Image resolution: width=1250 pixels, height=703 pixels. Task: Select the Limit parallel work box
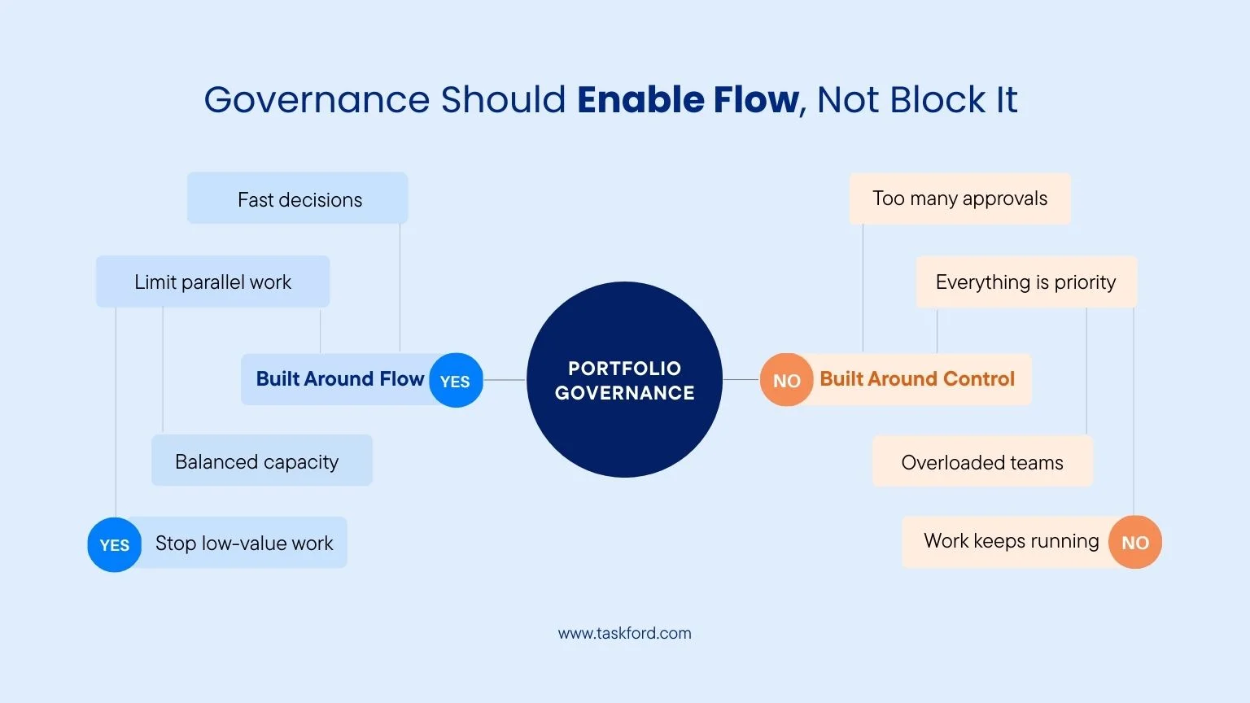tap(212, 282)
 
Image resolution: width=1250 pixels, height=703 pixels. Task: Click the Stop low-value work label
tap(244, 544)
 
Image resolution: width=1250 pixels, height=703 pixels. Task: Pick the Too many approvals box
tap(959, 199)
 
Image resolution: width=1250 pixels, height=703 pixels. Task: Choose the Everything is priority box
tap(1025, 282)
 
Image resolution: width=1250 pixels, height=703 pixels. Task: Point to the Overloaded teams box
tap(981, 462)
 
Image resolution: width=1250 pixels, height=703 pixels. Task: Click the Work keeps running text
tap(1011, 542)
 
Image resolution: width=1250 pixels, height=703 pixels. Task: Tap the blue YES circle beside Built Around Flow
tap(455, 381)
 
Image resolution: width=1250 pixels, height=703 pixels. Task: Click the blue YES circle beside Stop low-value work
tap(115, 545)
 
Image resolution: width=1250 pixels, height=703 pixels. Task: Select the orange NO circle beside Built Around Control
tap(786, 381)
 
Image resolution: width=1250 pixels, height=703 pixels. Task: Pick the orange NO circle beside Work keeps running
tap(1134, 543)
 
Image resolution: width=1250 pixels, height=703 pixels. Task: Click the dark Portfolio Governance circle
tap(624, 380)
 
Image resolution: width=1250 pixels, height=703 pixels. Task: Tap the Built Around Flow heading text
tap(339, 379)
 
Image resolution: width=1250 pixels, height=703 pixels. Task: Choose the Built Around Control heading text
tap(917, 379)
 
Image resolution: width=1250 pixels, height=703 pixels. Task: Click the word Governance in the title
tap(316, 100)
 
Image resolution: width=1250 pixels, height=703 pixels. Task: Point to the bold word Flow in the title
tap(756, 100)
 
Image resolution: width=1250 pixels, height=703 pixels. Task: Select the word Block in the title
tap(937, 100)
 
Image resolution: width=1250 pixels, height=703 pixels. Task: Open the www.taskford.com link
tap(624, 633)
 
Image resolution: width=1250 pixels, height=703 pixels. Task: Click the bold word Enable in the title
tap(640, 100)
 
